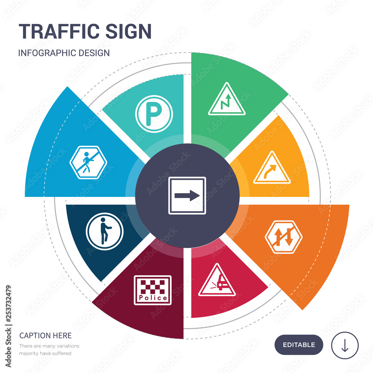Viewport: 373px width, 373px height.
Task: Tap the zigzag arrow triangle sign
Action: point(227,100)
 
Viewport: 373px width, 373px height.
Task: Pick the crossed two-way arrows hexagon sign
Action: point(284,236)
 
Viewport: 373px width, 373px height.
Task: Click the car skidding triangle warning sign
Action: point(217,280)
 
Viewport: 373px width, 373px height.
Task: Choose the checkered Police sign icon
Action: point(153,290)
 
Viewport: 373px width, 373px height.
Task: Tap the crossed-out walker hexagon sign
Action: point(88,163)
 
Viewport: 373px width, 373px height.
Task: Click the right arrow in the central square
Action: point(187,195)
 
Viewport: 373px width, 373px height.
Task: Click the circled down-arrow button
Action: point(345,345)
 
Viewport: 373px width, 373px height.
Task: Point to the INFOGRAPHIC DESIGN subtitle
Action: point(64,53)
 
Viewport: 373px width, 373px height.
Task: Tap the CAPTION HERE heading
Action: point(46,336)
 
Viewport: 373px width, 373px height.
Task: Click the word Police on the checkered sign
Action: point(153,298)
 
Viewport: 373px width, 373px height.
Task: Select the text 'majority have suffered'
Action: point(45,353)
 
